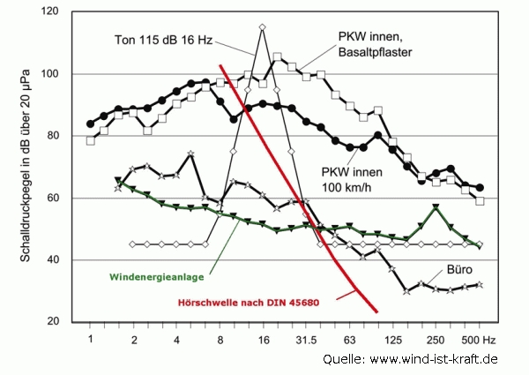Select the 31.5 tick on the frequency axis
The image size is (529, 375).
click(x=305, y=339)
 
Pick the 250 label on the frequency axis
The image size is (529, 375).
click(x=435, y=339)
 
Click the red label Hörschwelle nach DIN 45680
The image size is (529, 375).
click(x=248, y=300)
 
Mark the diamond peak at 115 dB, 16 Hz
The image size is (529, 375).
click(x=262, y=27)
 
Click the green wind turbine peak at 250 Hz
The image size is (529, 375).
click(x=436, y=207)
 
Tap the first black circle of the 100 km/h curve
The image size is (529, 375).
click(x=90, y=124)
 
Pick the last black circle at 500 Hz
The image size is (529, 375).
click(x=480, y=188)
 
